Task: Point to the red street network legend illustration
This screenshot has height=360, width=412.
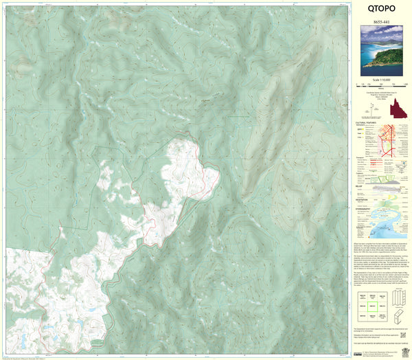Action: (x=391, y=141)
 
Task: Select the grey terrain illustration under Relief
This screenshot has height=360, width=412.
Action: (x=391, y=183)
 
